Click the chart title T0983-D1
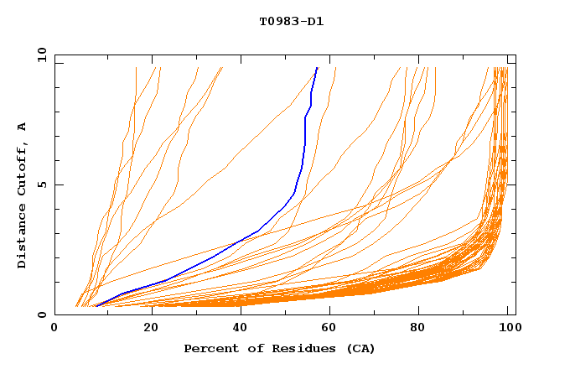click(291, 21)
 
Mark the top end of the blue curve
click(317, 68)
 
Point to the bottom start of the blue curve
click(95, 307)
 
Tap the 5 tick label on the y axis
click(40, 184)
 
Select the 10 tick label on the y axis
click(40, 55)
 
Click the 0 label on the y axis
click(40, 314)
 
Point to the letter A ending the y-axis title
click(22, 126)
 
